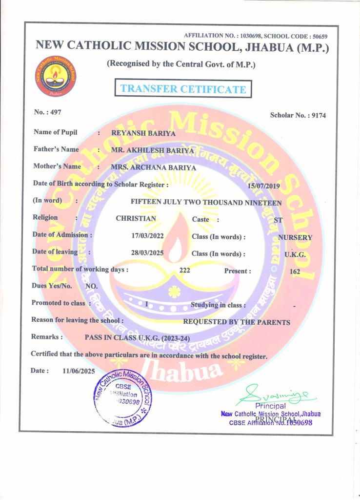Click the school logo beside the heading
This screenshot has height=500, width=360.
pos(55,77)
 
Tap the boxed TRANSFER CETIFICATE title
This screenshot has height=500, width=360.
pos(183,89)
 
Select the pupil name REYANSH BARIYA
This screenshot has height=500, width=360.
pos(143,133)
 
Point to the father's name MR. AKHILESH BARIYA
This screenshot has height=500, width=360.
pos(152,150)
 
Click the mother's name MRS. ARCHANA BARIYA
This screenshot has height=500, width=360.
pos(154,167)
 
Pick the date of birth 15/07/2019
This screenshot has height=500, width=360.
pos(264,186)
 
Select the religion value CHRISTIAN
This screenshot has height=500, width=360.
pos(136,219)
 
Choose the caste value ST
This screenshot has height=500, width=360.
pos(278,220)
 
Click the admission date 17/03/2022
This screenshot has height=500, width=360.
pos(144,236)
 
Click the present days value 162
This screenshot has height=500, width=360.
pos(295,271)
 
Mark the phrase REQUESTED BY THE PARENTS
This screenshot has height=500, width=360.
pos(236,322)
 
